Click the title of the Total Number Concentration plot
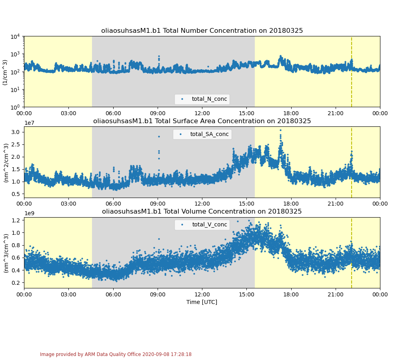pyautogui.click(x=202, y=31)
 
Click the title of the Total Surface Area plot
pyautogui.click(x=202, y=121)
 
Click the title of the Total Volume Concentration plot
pyautogui.click(x=202, y=212)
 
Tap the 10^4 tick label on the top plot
pyautogui.click(x=16, y=36)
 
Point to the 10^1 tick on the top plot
pyautogui.click(x=16, y=89)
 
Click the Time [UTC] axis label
pyautogui.click(x=202, y=302)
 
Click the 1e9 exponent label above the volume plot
pyautogui.click(x=29, y=213)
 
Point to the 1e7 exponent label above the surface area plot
pyautogui.click(x=29, y=123)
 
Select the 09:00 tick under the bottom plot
pyautogui.click(x=158, y=294)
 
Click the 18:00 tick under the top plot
pyautogui.click(x=291, y=113)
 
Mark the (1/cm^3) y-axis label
pyautogui.click(x=5, y=72)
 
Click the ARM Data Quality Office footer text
pyautogui.click(x=116, y=354)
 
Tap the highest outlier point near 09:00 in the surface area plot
pyautogui.click(x=159, y=136)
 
